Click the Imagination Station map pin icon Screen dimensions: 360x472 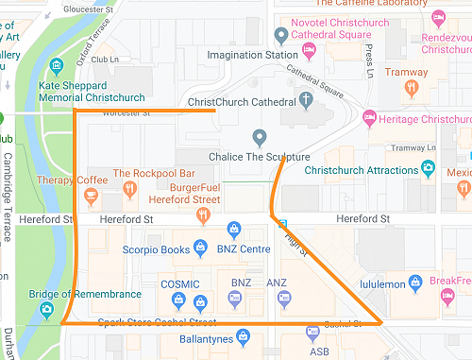coord(280,36)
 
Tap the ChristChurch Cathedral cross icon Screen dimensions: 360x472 coord(306,98)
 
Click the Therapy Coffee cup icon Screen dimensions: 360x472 coord(91,197)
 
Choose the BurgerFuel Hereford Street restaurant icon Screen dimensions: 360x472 coord(202,215)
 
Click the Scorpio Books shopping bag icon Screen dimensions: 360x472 coord(200,249)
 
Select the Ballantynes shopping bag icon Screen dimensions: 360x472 coord(243,335)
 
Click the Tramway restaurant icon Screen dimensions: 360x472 coord(411,88)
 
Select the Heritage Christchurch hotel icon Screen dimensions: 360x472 coord(368,119)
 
